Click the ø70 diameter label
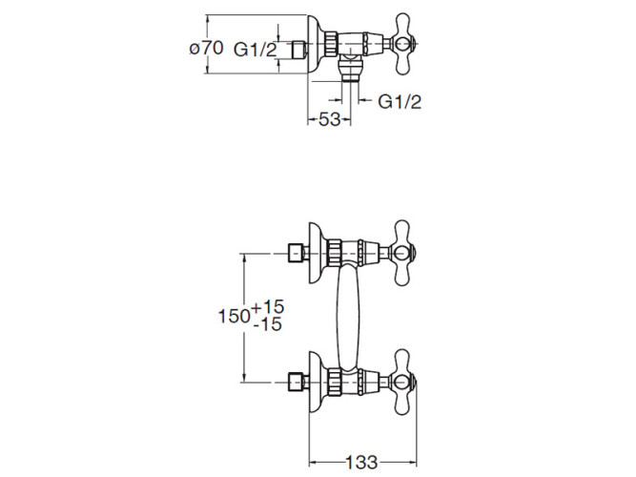point(206,48)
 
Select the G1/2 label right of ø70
point(256,50)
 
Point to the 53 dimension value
point(329,119)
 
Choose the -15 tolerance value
point(268,325)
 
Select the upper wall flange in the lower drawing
point(317,253)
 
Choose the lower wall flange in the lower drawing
point(317,384)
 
